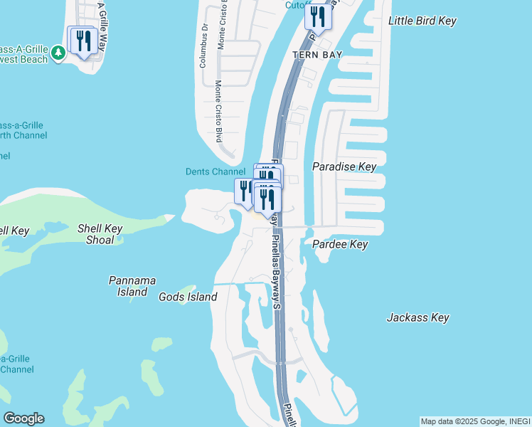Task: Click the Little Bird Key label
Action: [422, 21]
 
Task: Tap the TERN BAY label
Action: [318, 55]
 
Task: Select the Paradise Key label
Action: [344, 167]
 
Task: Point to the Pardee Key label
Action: [340, 244]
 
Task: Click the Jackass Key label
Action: [418, 317]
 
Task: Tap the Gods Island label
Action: [188, 297]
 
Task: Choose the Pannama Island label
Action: [132, 286]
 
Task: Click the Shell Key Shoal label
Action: [100, 234]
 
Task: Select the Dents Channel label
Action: [215, 172]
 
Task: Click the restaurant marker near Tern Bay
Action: [318, 16]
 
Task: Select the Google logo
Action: [23, 418]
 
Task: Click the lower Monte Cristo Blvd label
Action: [219, 110]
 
